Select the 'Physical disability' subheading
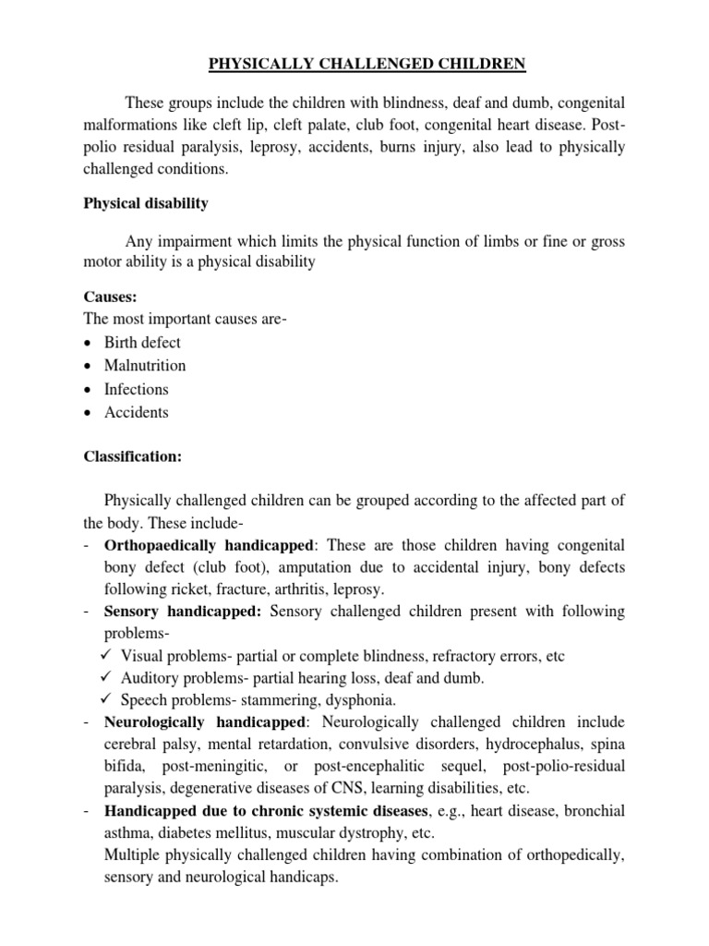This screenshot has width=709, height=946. [146, 203]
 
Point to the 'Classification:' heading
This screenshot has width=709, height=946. [134, 455]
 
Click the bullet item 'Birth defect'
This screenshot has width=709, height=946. [144, 342]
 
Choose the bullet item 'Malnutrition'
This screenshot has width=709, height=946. [146, 366]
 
